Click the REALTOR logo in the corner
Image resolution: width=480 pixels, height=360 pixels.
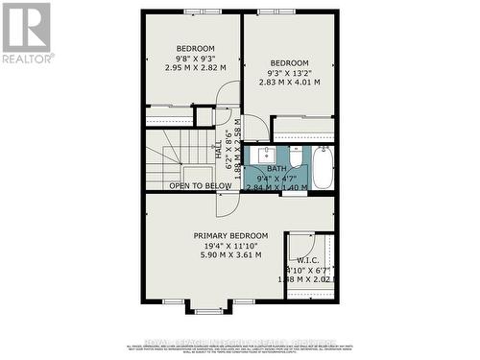(x=27, y=31)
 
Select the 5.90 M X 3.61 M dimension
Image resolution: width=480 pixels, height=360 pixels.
(x=230, y=254)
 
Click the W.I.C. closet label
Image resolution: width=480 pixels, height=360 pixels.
(x=308, y=259)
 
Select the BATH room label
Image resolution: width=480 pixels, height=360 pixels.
(x=276, y=169)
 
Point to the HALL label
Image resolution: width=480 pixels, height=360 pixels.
(x=219, y=151)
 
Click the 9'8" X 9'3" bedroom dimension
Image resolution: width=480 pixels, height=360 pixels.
(x=195, y=59)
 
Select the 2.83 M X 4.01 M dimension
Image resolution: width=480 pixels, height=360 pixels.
(x=289, y=82)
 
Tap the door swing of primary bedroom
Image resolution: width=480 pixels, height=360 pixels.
(x=226, y=204)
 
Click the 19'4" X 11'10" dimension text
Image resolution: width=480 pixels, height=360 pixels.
(x=230, y=245)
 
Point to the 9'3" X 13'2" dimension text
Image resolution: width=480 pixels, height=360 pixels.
(x=289, y=72)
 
